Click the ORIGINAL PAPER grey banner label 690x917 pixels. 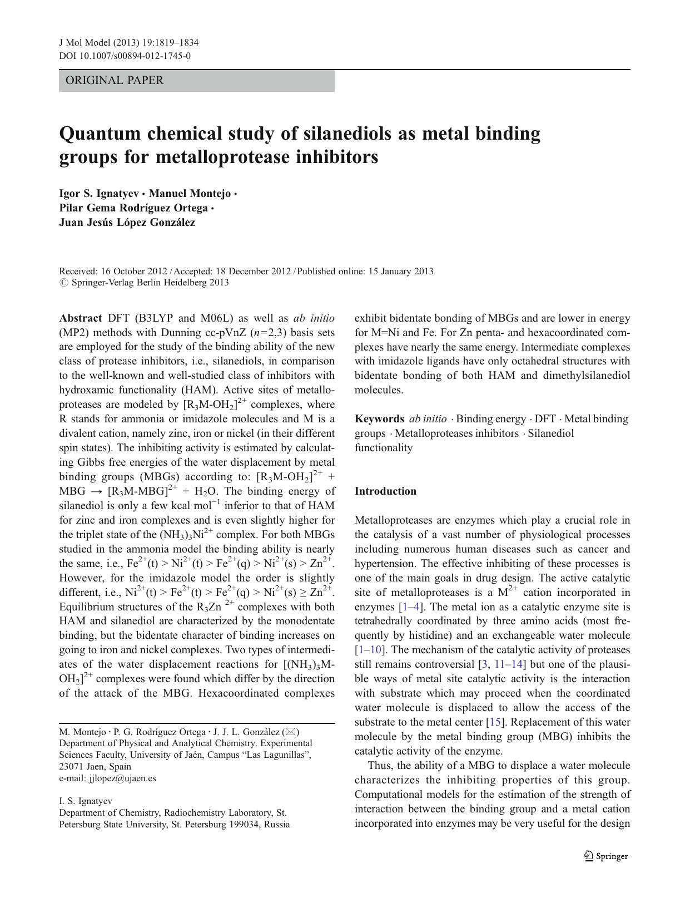[115, 81]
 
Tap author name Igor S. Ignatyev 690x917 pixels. [99, 194]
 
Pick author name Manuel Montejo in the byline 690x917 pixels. [190, 194]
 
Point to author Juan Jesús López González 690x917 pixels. [127, 223]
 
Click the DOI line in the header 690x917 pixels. [125, 56]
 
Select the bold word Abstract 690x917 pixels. [80, 318]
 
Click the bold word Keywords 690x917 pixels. [379, 419]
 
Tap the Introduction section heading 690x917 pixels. [385, 491]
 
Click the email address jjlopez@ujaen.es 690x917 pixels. [122, 778]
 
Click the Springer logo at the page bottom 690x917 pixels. [606, 856]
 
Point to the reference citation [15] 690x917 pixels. [494, 722]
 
